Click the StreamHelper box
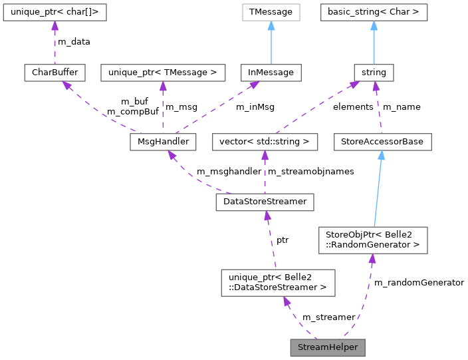(x=328, y=347)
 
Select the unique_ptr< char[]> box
(x=55, y=12)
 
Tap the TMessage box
(x=271, y=12)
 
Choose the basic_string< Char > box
(x=374, y=12)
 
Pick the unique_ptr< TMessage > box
(x=163, y=72)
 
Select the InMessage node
(x=271, y=72)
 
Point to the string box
(x=374, y=72)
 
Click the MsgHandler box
(x=160, y=142)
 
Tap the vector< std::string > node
(x=265, y=142)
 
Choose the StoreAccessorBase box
(x=382, y=142)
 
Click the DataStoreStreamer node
(x=265, y=202)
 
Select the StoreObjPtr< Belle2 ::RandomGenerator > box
(x=372, y=240)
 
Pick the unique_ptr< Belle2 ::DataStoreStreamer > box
(x=278, y=283)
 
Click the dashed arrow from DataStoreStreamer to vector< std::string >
(x=265, y=172)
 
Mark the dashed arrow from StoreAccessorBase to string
(x=378, y=106)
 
